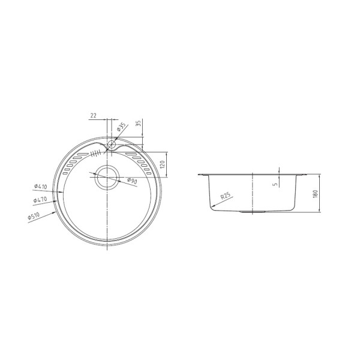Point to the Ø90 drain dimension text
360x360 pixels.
tap(131, 181)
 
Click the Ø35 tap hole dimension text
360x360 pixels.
tap(121, 127)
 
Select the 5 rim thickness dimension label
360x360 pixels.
tap(275, 184)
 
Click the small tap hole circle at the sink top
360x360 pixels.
tap(112, 144)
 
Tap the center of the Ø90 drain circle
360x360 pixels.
tap(108, 176)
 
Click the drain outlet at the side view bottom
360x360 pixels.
tap(253, 212)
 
